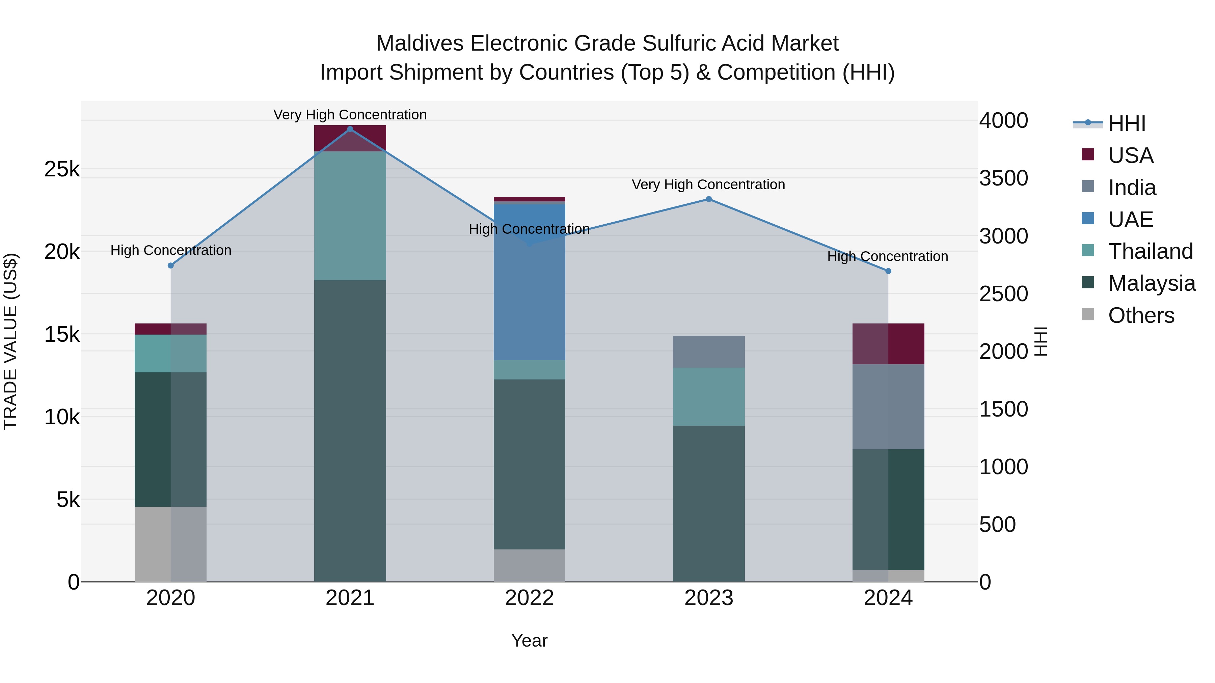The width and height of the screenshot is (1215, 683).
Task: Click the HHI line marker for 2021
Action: pyautogui.click(x=350, y=129)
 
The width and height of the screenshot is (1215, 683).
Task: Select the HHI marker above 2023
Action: pyautogui.click(x=708, y=199)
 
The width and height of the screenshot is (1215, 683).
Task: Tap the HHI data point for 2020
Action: pyautogui.click(x=171, y=265)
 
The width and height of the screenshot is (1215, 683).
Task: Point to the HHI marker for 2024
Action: pyautogui.click(x=888, y=271)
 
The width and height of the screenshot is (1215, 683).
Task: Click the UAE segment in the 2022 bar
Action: pyautogui.click(x=529, y=283)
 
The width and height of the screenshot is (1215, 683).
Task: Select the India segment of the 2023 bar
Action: pyautogui.click(x=708, y=352)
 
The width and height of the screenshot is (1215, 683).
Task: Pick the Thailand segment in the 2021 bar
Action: pyautogui.click(x=350, y=216)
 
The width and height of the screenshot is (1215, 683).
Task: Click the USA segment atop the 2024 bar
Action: pyautogui.click(x=888, y=344)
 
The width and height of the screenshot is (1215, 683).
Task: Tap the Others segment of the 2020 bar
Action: pyautogui.click(x=171, y=544)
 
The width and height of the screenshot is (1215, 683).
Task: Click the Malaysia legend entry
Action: pyautogui.click(x=1151, y=283)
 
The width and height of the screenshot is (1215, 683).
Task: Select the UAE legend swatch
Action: pyautogui.click(x=1088, y=219)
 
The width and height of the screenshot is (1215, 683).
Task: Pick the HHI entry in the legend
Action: pyautogui.click(x=1126, y=123)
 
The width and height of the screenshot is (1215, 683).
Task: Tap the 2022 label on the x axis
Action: pyautogui.click(x=529, y=598)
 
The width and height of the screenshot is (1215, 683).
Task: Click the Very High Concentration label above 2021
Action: pyautogui.click(x=350, y=115)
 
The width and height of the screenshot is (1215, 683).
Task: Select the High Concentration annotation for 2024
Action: pyautogui.click(x=888, y=256)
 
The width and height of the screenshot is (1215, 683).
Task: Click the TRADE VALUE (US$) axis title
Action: pyautogui.click(x=10, y=341)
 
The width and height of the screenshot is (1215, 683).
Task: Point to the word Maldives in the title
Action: pyautogui.click(x=420, y=44)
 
